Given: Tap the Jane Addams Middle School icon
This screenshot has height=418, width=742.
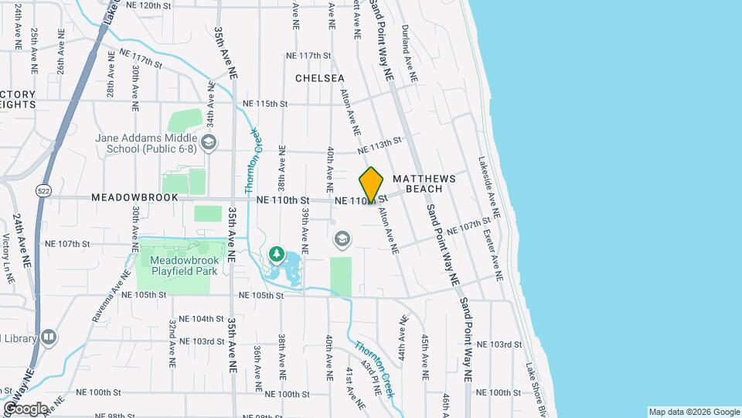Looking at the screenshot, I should point(209,142).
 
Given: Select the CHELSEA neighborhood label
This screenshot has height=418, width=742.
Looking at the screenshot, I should point(319,78).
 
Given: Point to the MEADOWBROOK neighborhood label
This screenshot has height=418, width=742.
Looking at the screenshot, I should point(134,198).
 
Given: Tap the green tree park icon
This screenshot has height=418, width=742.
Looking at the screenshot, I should point(276,253).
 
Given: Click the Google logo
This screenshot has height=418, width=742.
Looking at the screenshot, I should point(25,409).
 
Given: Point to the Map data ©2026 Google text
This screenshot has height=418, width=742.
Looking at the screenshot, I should point(693,412).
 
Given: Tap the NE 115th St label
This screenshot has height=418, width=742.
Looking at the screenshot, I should point(264,104).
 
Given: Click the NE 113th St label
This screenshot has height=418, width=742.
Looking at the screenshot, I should point(380,145).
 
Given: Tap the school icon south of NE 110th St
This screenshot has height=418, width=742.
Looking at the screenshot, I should point(341,240).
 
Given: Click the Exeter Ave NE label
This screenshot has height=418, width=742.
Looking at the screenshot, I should point(494,253).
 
